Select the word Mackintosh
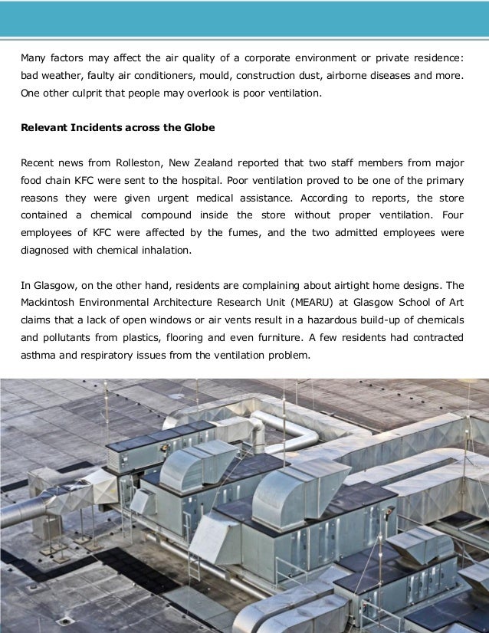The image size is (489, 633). coord(50,303)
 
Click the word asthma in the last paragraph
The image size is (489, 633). coord(38,356)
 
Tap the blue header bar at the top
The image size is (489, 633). coord(244,18)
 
